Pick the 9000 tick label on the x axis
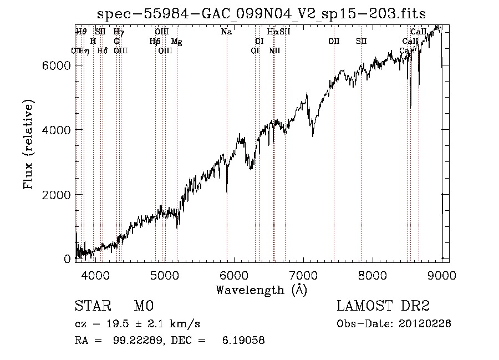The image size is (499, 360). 441,275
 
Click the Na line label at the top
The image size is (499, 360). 226,32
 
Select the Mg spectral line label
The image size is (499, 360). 176,42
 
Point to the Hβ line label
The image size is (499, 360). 155,42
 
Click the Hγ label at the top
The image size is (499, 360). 119,32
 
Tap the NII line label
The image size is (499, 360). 274,51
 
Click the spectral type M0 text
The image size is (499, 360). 143,306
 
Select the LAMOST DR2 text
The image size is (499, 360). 383,306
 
